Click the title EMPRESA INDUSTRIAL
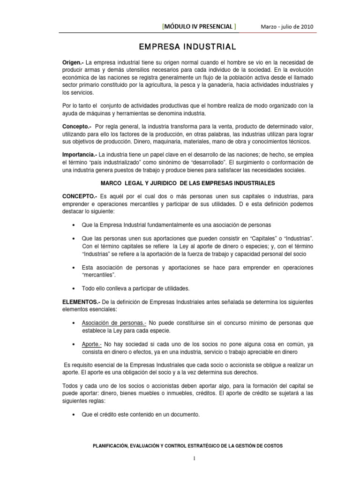[x=180, y=47]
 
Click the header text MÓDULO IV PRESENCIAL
[x=199, y=26]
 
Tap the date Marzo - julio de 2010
[x=287, y=26]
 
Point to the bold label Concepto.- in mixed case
[x=77, y=127]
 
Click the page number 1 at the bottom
[x=180, y=458]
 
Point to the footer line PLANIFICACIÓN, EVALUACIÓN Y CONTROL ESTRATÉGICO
[x=180, y=445]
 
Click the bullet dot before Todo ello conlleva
[x=75, y=288]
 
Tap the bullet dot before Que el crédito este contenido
[x=75, y=414]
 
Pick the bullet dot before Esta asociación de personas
[x=75, y=268]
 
